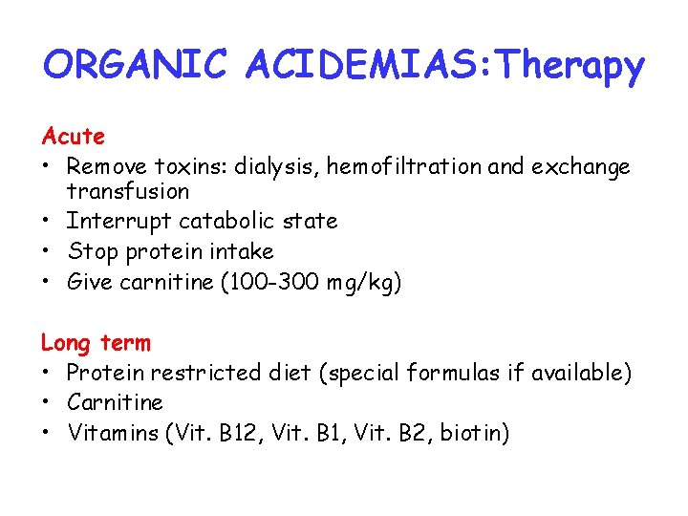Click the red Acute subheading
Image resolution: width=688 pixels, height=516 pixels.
[x=73, y=137]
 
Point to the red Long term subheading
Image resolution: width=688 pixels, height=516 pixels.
[x=96, y=342]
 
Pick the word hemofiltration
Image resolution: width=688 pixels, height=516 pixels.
[x=405, y=167]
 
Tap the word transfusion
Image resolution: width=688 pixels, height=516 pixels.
[x=128, y=191]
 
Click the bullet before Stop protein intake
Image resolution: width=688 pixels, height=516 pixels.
[x=47, y=252]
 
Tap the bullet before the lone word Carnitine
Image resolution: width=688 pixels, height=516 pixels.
[x=47, y=403]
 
